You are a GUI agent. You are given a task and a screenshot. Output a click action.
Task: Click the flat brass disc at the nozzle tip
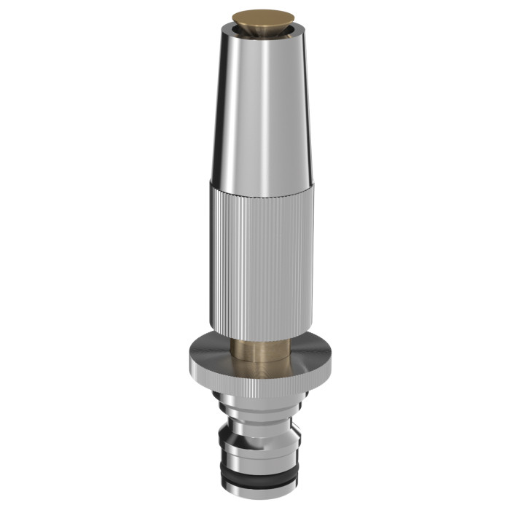pyautogui.click(x=258, y=15)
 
